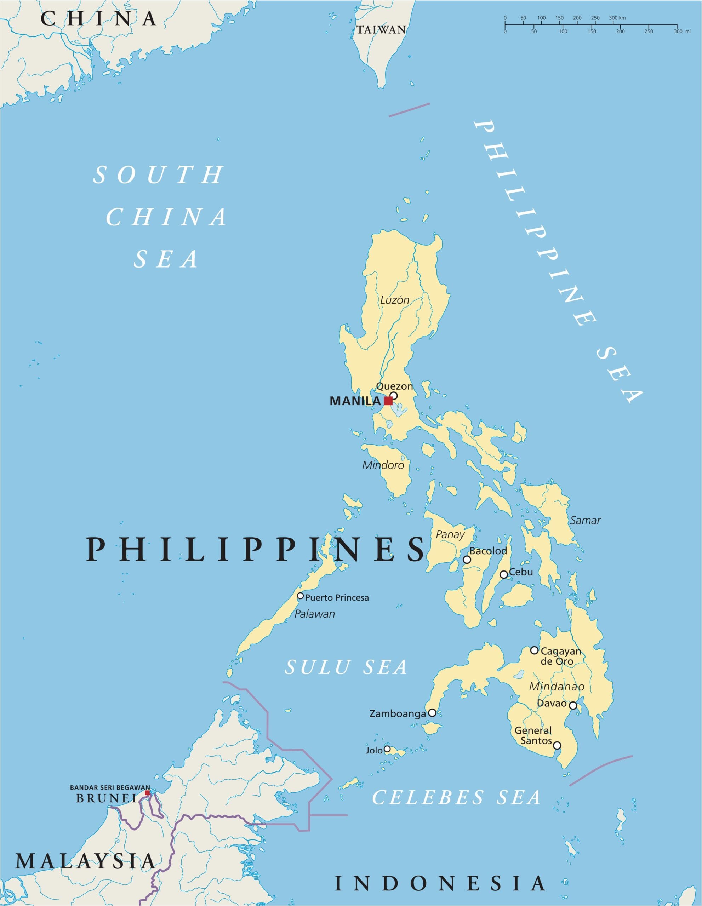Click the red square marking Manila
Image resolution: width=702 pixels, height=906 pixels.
coord(388,401)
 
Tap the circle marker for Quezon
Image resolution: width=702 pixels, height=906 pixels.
coord(393,395)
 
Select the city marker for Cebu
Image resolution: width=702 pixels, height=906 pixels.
coord(503,574)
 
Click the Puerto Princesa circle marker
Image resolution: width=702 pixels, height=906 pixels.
coord(301,596)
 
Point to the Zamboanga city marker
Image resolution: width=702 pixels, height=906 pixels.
coord(432,713)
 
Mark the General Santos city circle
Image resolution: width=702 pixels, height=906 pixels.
coord(557,745)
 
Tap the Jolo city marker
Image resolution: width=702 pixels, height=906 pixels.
coord(387,749)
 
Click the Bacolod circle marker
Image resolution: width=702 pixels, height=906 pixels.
coord(466,560)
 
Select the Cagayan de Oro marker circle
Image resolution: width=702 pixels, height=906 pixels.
coord(535,650)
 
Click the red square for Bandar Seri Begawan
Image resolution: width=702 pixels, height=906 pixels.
coord(147,793)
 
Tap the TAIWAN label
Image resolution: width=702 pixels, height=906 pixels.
coord(381,30)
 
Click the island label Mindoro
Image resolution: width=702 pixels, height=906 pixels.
coord(383,465)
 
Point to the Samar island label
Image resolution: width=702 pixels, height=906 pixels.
coord(585,520)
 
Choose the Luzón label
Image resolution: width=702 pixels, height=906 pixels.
coord(395,300)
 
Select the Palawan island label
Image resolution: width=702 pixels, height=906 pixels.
coord(314,614)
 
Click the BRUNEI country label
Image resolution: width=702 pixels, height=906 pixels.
coord(106,798)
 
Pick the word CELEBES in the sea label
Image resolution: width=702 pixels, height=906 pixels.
coord(428,798)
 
